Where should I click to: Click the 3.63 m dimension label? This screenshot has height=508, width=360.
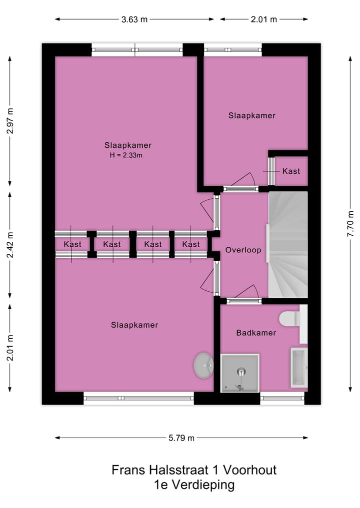point(134,19)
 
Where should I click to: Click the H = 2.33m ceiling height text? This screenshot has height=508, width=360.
point(126,155)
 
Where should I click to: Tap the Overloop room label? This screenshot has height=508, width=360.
point(243,250)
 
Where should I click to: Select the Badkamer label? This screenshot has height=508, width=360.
point(256,333)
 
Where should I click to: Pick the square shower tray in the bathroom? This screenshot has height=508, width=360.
point(240,373)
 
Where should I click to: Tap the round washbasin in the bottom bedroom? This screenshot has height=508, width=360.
point(204,366)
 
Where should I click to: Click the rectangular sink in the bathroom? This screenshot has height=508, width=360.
point(298,368)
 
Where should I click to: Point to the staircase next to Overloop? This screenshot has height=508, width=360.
point(288,245)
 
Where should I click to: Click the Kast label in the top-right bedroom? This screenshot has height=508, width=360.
point(291,171)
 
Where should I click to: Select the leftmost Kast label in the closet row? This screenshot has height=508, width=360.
point(72,244)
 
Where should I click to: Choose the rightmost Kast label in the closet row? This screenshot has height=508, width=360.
point(191,244)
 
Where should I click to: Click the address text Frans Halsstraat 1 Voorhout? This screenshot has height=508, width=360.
point(194,470)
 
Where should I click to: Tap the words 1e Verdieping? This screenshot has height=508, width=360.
point(194,484)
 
